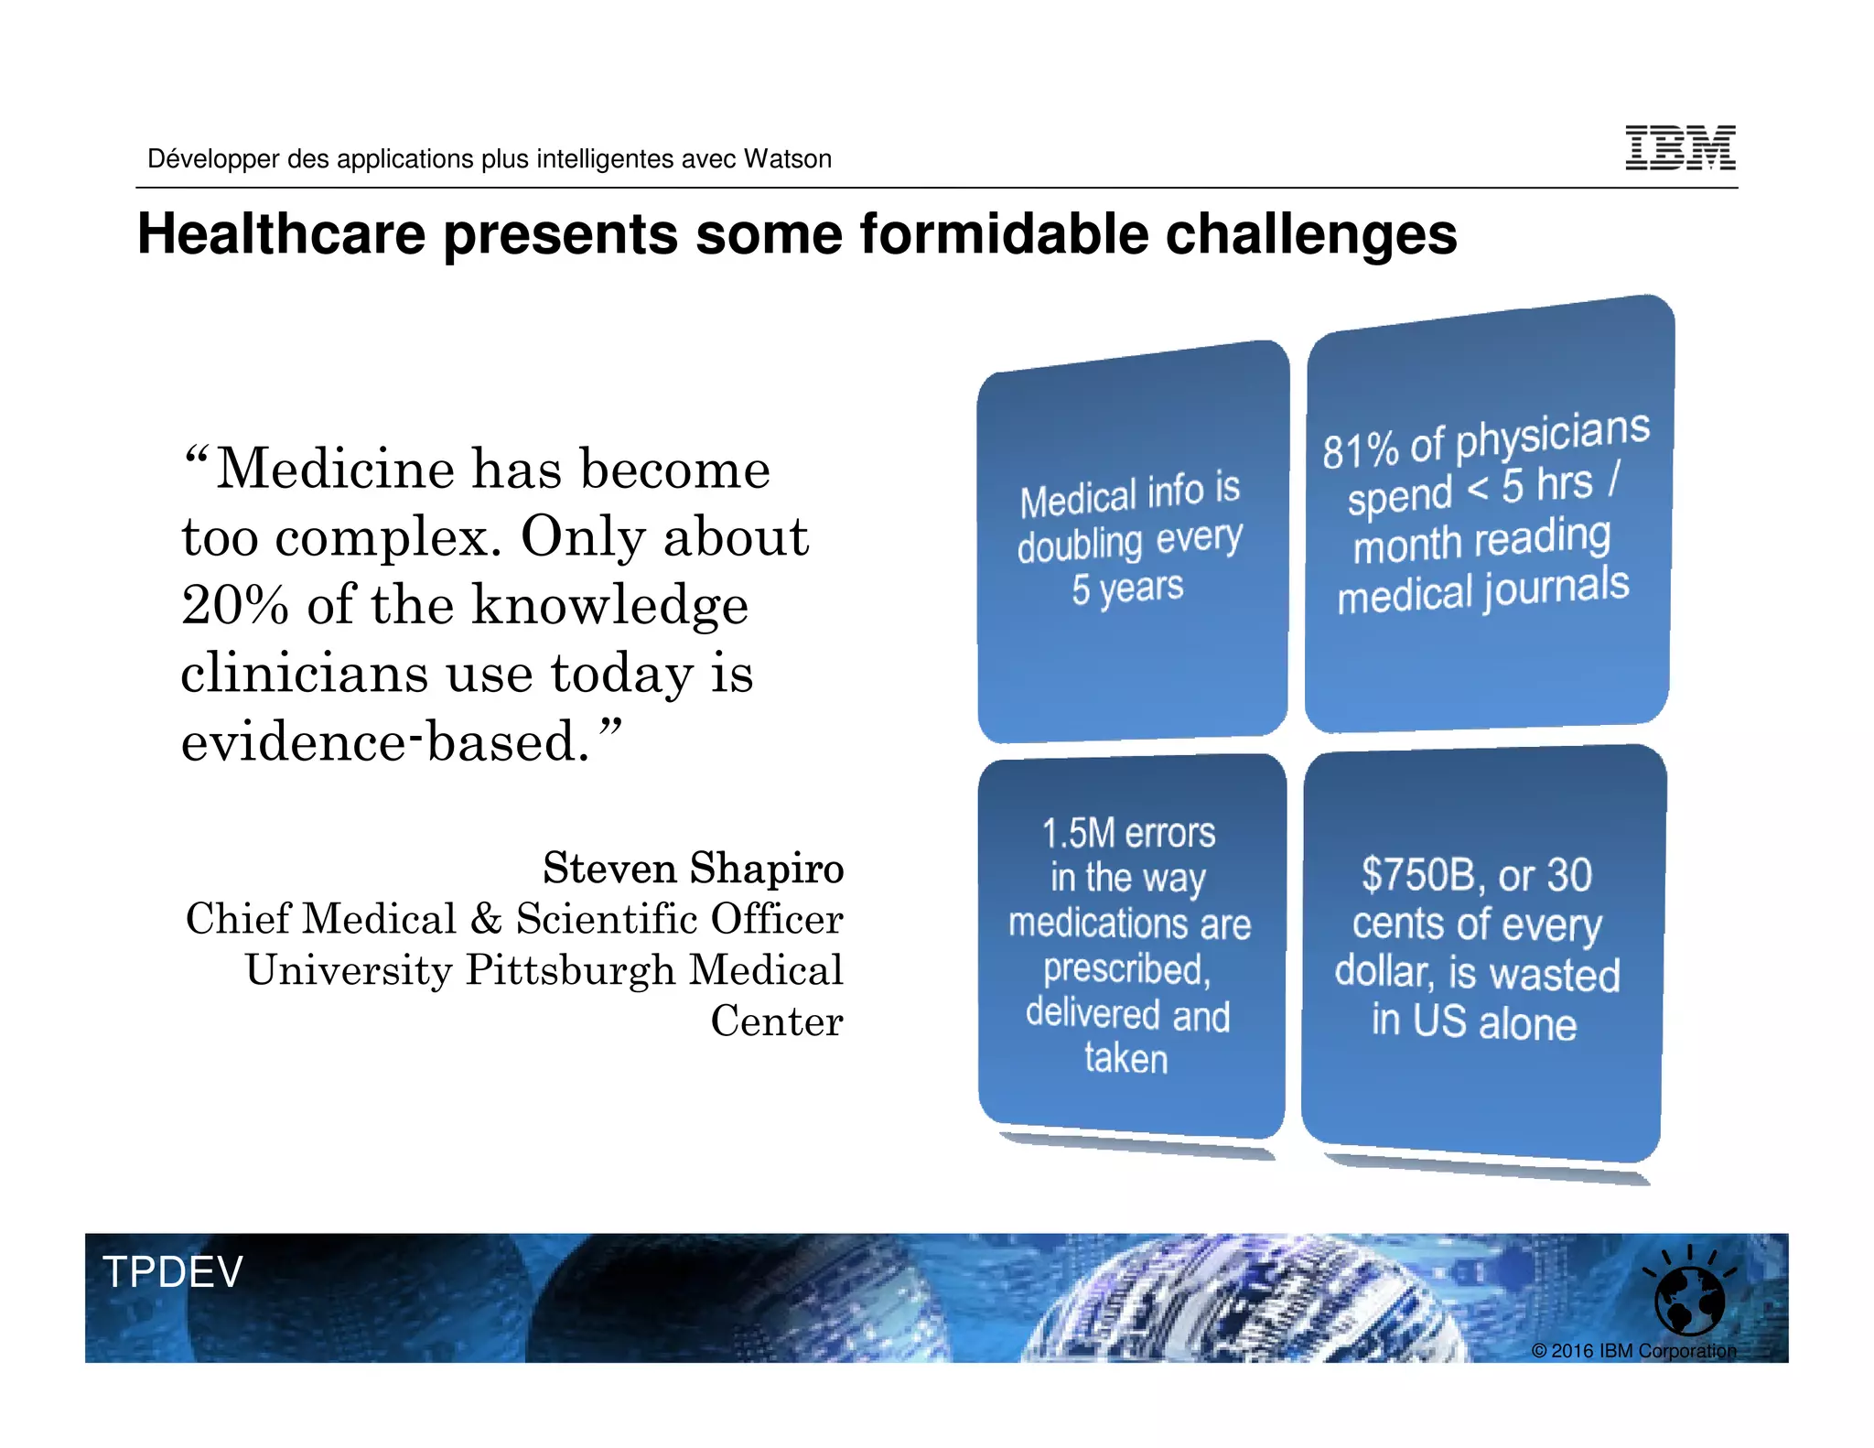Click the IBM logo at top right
[x=1680, y=148]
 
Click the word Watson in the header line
[x=787, y=159]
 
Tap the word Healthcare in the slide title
[x=282, y=234]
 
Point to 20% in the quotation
[x=235, y=606]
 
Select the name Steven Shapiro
[x=693, y=868]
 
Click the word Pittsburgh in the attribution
[x=570, y=970]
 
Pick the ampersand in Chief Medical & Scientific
[x=486, y=919]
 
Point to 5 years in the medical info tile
[x=1127, y=589]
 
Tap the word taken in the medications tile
[x=1126, y=1059]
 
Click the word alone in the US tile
[x=1527, y=1023]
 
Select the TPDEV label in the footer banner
[x=172, y=1272]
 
